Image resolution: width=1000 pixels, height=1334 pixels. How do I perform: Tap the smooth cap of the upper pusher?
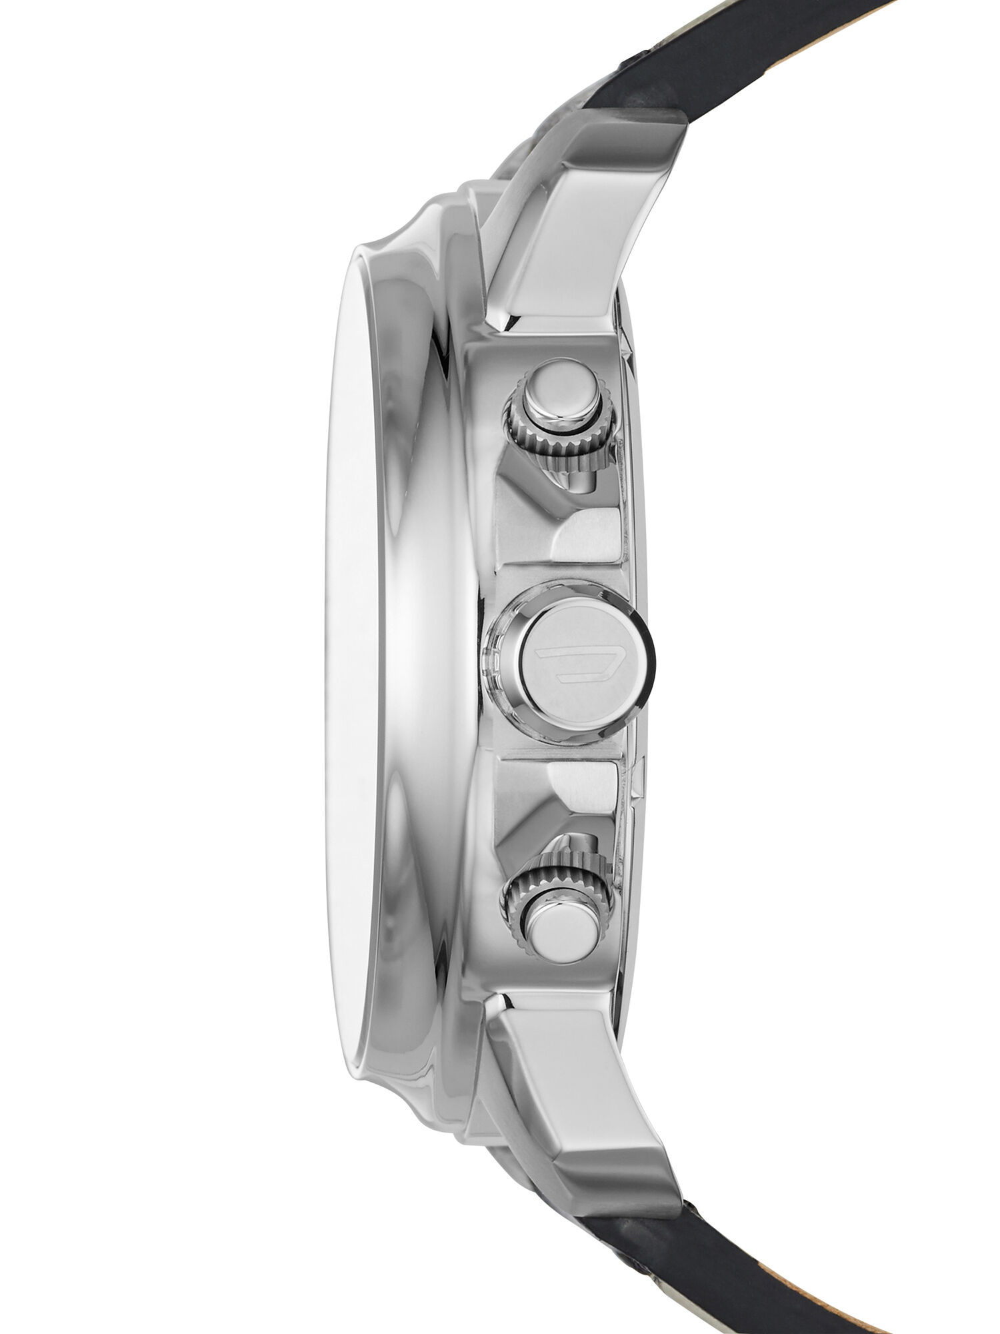[x=559, y=396]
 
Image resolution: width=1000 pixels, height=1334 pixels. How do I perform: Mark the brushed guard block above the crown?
[x=587, y=534]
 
